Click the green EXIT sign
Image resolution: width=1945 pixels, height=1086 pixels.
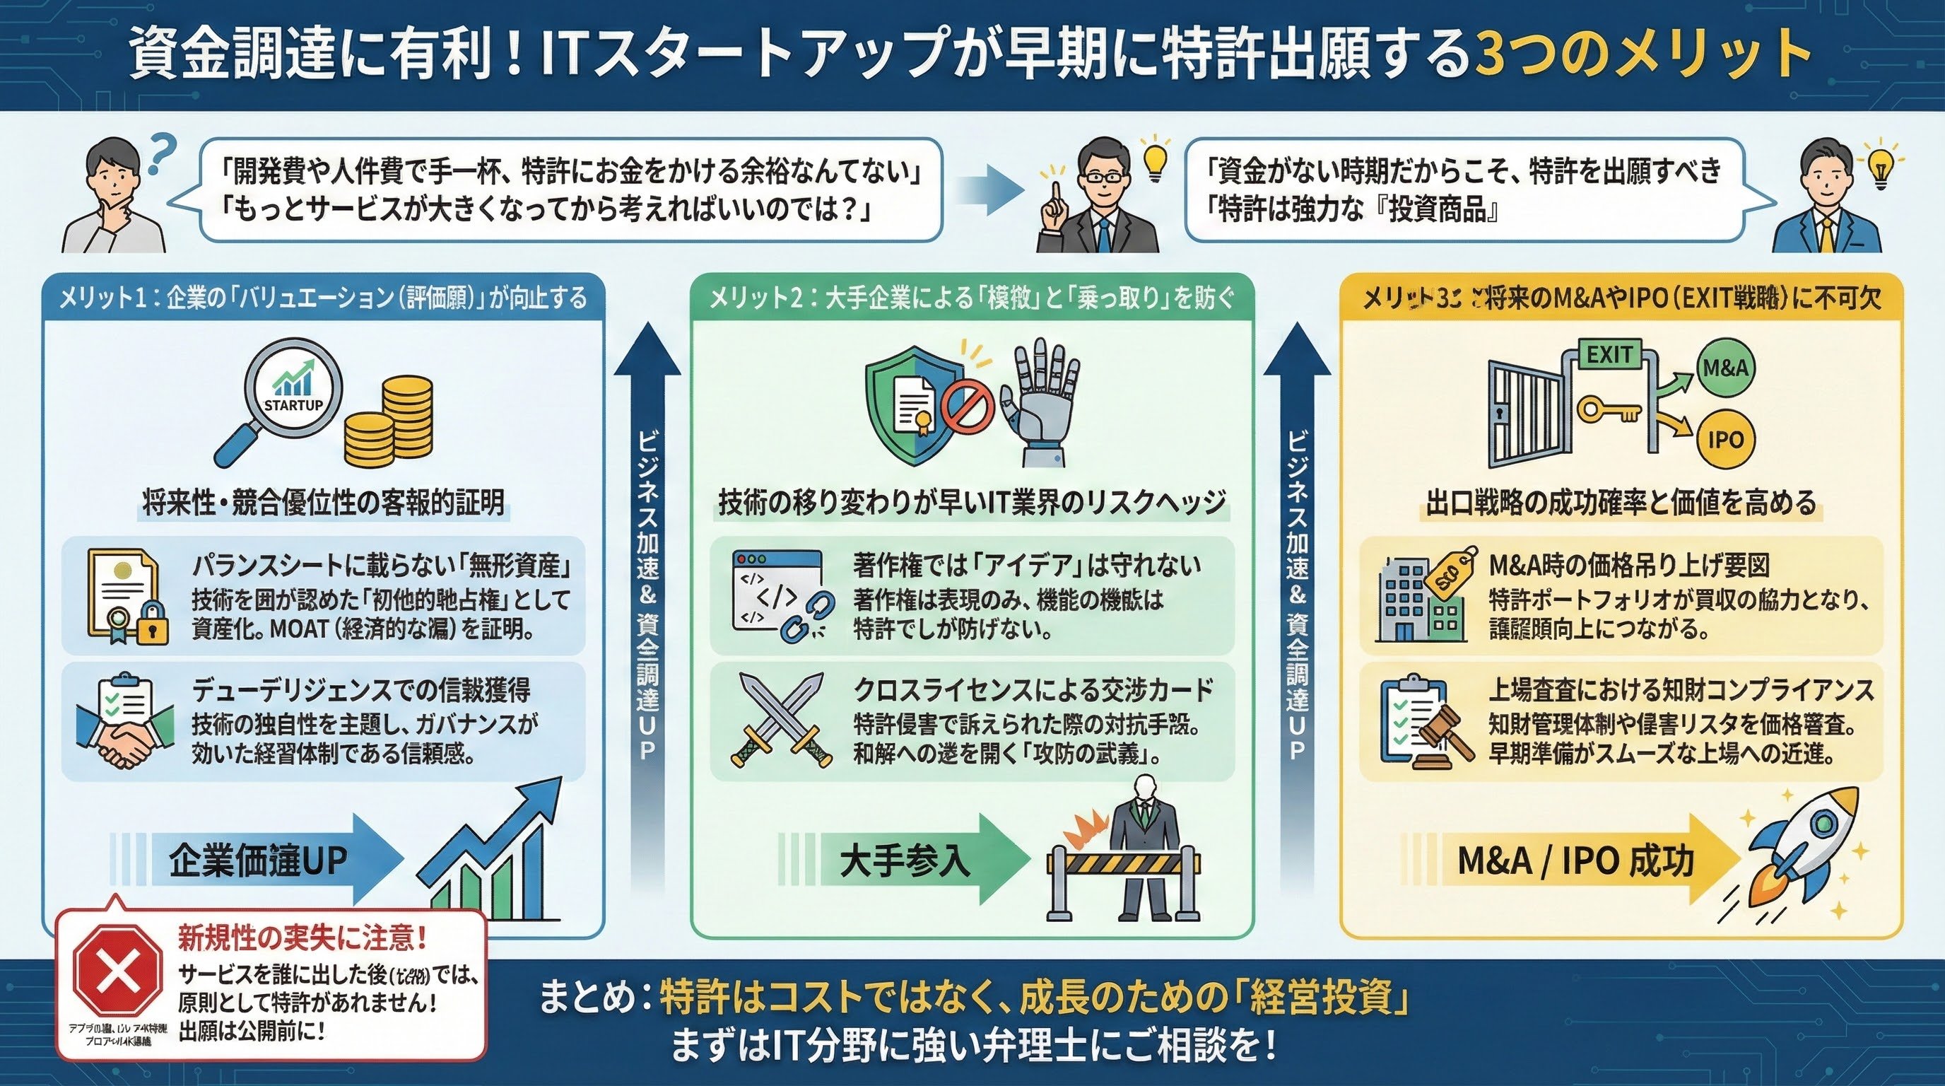coord(1609,354)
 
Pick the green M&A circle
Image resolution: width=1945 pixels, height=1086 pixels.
coord(1726,368)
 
